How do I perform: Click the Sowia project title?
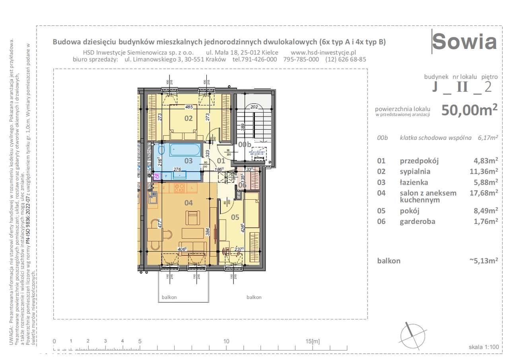click(x=464, y=42)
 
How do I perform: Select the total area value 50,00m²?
click(x=469, y=110)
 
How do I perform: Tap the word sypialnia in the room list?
click(x=415, y=171)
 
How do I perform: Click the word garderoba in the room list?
click(x=417, y=222)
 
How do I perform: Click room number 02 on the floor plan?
click(x=188, y=118)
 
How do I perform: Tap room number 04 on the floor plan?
click(x=188, y=203)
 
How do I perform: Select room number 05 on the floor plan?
click(x=235, y=217)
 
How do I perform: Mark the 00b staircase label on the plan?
click(x=245, y=145)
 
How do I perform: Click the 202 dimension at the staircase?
click(x=254, y=107)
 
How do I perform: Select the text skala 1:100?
click(x=484, y=347)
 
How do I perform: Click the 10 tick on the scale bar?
click(x=226, y=341)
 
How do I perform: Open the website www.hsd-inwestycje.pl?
click(x=323, y=52)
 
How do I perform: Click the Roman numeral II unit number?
click(x=462, y=87)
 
